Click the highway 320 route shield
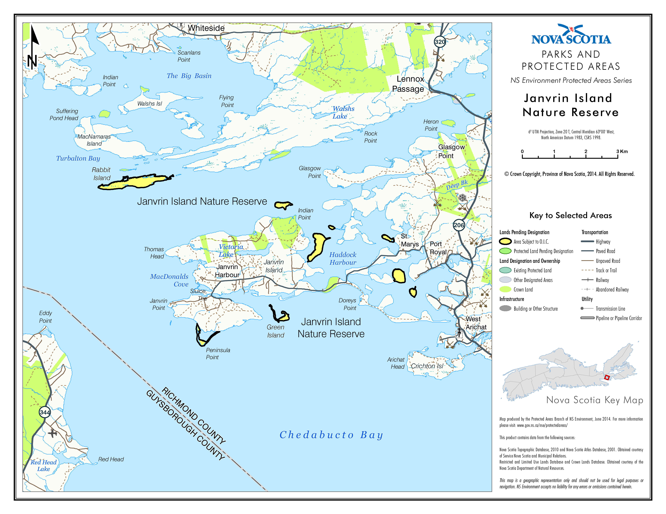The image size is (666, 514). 440,42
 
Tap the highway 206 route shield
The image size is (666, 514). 459,225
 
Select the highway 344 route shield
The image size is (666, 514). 45,412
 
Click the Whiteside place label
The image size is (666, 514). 206,28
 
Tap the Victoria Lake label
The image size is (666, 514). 231,251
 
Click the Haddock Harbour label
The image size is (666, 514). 343,259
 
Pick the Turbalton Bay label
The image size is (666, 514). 78,158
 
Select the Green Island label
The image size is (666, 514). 276,331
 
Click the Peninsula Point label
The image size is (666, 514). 218,354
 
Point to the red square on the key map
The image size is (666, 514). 607,378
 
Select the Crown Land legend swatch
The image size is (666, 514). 505,289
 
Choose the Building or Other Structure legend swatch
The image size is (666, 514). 505,309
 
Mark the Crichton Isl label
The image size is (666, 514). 427,366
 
